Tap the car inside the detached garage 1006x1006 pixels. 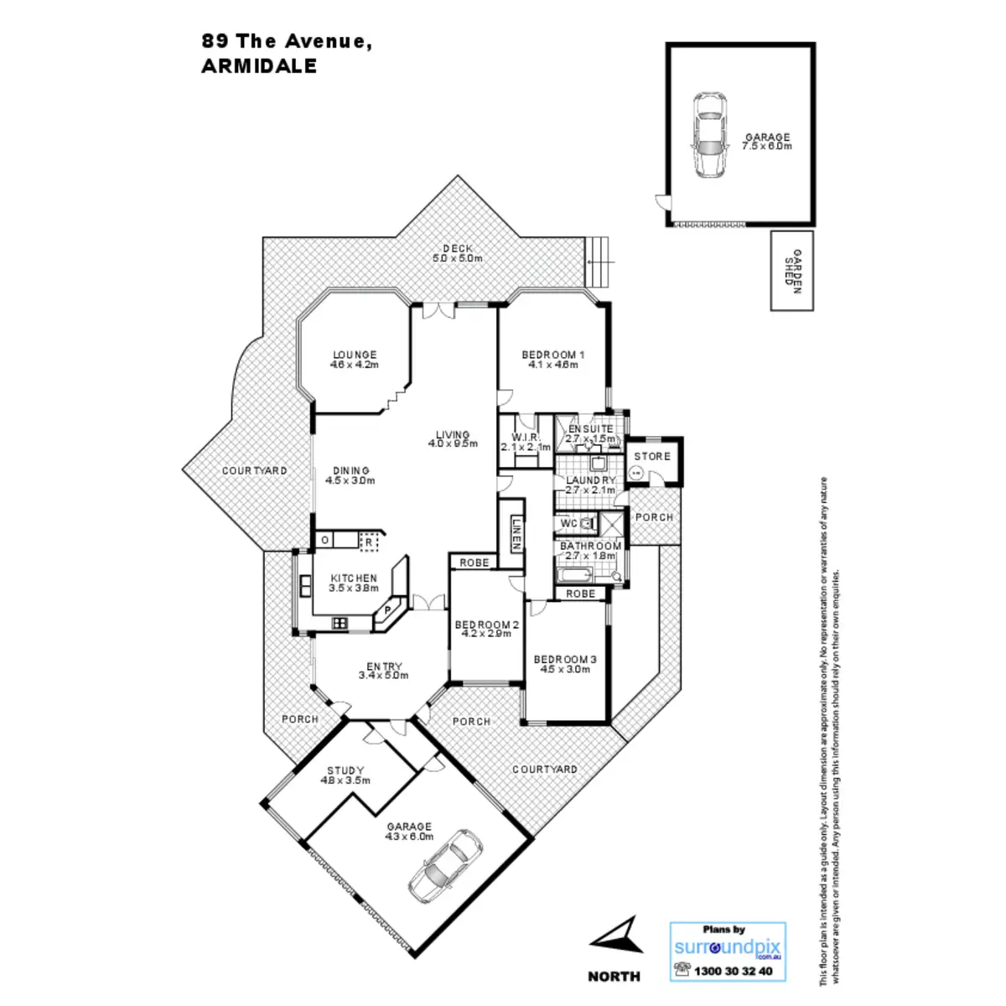709,134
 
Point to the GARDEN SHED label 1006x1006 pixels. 792,270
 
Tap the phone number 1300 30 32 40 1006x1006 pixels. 731,972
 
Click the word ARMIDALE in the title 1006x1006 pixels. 259,67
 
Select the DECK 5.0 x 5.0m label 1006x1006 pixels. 458,253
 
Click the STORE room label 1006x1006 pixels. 652,456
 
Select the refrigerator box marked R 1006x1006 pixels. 367,542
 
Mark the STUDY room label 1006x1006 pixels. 345,775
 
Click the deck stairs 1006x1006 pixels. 598,262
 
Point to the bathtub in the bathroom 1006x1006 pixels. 574,575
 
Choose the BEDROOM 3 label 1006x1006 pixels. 565,664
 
